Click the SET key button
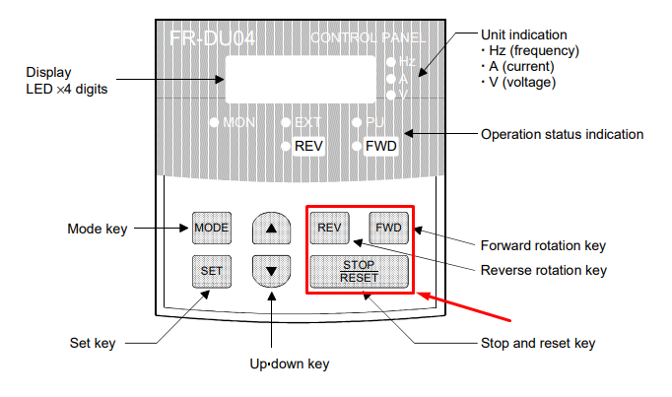tap(212, 272)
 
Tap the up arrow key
tap(271, 228)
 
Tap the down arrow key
tap(271, 272)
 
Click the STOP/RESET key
tap(359, 272)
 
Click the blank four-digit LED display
tap(301, 79)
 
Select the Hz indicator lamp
tap(390, 62)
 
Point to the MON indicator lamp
tap(214, 123)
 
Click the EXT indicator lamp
tap(286, 123)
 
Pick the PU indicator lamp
tap(357, 123)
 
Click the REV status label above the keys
tap(308, 146)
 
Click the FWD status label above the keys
tap(381, 146)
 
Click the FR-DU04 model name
tap(213, 38)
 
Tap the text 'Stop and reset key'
tap(538, 343)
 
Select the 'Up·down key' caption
tap(290, 364)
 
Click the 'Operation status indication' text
tap(562, 134)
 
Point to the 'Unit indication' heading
tap(524, 34)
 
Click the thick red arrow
tap(464, 306)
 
